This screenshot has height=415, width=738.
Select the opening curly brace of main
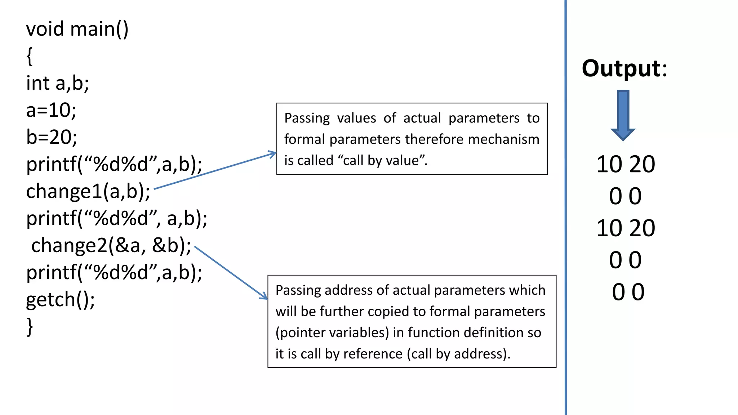coord(30,56)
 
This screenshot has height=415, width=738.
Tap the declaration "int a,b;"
coord(58,83)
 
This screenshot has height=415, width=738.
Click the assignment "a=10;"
coord(51,110)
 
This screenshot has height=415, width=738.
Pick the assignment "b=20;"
coord(52,137)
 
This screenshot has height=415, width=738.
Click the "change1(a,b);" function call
coord(88,191)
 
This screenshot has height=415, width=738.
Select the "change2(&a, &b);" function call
coord(111,246)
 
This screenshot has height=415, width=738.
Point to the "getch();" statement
coord(61,300)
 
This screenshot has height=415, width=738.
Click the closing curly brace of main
coord(30,327)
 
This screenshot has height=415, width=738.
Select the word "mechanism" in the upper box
coord(503,139)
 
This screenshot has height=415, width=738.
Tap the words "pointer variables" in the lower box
coord(332,333)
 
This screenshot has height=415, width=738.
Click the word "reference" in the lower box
coord(373,354)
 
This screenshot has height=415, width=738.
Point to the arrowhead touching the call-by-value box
coord(272,154)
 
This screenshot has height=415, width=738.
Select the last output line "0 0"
coord(628,292)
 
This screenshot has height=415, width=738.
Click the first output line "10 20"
coord(626,164)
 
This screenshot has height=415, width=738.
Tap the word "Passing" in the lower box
coord(298,290)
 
